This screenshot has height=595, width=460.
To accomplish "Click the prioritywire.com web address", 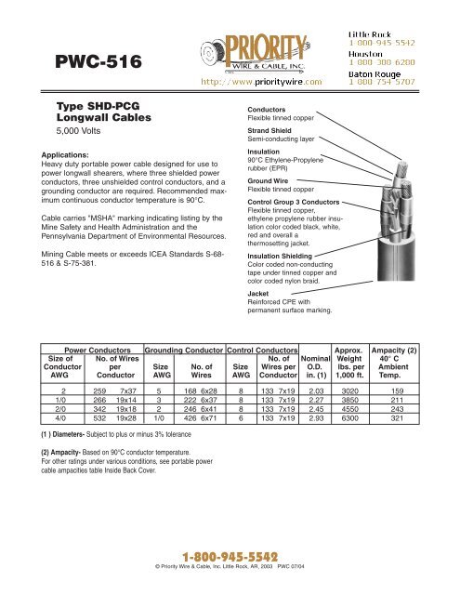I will click(270, 81).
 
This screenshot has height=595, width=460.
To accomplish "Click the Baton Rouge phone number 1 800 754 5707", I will click(388, 81).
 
